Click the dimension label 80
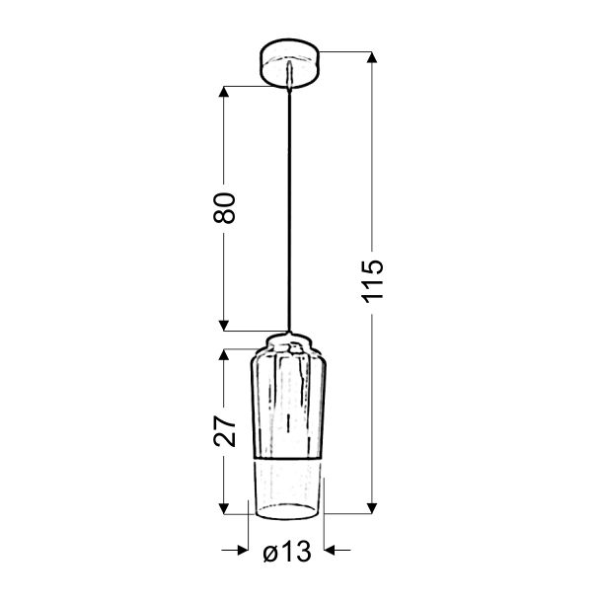pos(225,207)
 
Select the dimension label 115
pos(373,281)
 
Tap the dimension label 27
pos(225,431)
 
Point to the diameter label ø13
pos(287,552)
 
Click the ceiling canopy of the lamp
pos(289,63)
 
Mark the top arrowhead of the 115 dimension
pos(372,57)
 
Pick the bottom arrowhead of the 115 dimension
pos(372,508)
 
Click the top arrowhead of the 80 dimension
pos(224,92)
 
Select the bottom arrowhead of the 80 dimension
pos(224,326)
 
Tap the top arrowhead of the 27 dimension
pos(224,354)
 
